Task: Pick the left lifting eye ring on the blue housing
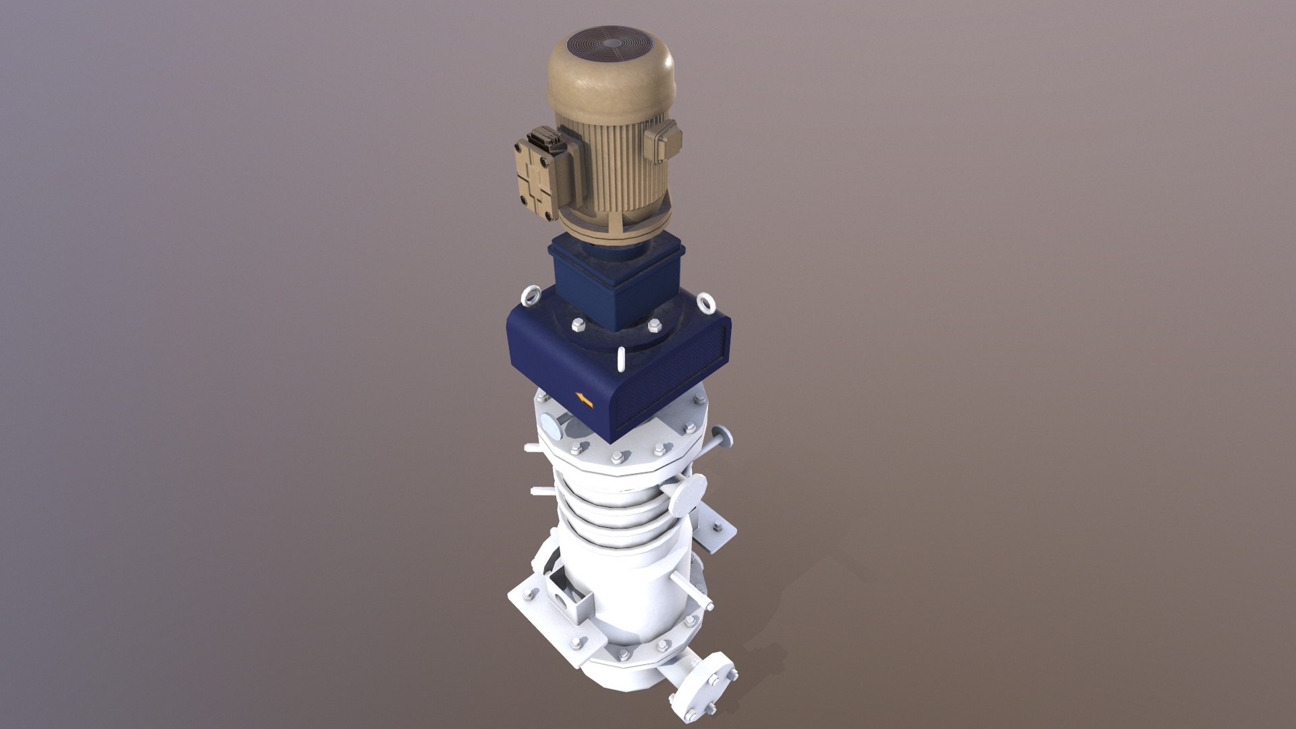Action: pyautogui.click(x=530, y=295)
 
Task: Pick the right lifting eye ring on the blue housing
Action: pyautogui.click(x=707, y=302)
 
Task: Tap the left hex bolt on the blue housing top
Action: pyautogui.click(x=578, y=325)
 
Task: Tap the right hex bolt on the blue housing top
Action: pyautogui.click(x=653, y=326)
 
